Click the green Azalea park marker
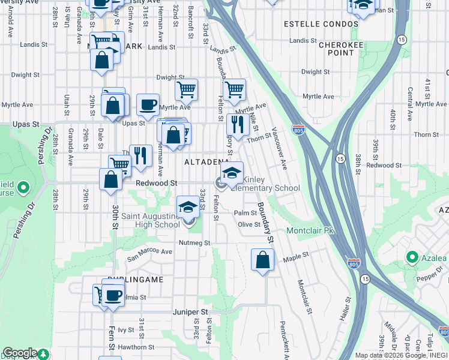[412, 258]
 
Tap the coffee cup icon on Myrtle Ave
[148, 106]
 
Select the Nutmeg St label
[194, 243]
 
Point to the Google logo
[20, 353]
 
